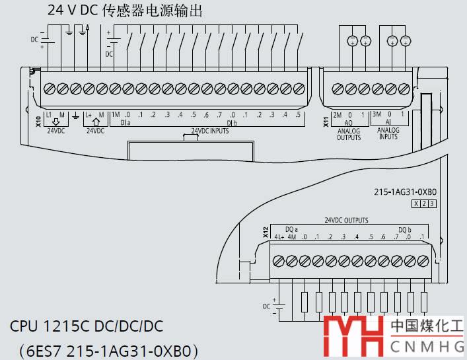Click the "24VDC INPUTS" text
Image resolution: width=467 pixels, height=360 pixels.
click(210, 131)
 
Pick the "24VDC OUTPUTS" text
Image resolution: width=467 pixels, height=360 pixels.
click(346, 220)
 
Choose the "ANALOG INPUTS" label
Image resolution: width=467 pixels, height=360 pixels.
click(388, 134)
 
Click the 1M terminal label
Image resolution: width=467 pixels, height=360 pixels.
click(116, 115)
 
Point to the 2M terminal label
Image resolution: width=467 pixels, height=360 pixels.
click(337, 115)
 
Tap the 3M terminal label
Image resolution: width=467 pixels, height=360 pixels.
click(377, 115)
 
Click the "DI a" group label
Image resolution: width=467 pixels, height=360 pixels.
click(125, 123)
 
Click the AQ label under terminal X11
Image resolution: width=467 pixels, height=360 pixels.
click(347, 123)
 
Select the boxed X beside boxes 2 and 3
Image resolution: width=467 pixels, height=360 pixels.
click(415, 204)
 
